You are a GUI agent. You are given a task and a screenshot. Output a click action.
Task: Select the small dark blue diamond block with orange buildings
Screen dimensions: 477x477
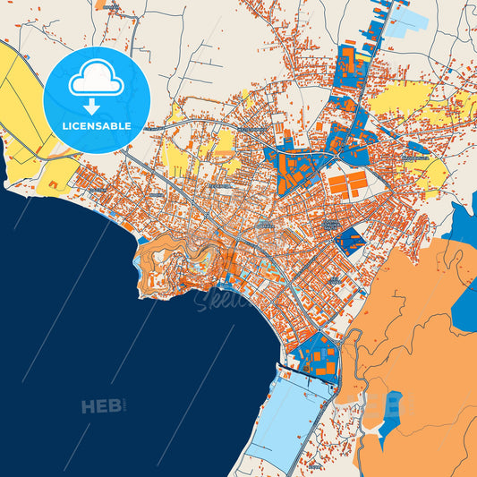(353, 240)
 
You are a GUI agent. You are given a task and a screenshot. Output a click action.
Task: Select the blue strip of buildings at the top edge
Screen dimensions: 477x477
(371, 22)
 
